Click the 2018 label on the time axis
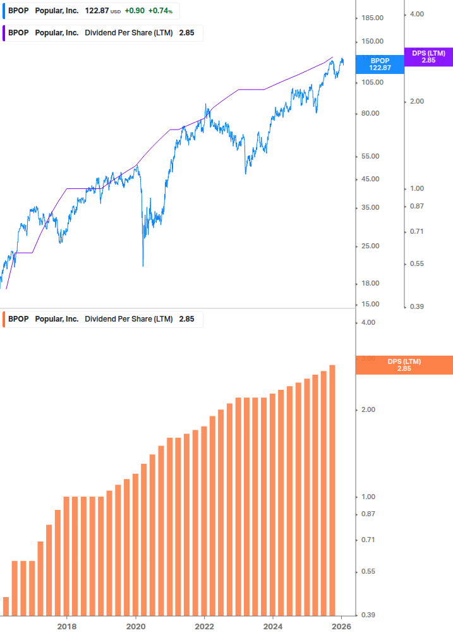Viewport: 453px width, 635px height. coord(67,627)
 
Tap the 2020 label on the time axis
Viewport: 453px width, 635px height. coord(136,627)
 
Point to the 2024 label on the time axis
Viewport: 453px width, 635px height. coord(273,627)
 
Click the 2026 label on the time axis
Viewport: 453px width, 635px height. coord(342,627)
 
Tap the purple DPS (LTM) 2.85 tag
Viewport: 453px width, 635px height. coord(428,57)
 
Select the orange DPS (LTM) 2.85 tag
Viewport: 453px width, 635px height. coord(404,365)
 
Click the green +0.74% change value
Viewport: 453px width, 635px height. coord(160,11)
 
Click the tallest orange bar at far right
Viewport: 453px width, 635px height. coord(332,490)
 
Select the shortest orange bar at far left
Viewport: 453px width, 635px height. coord(6,606)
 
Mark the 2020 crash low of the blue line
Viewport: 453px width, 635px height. coord(143,265)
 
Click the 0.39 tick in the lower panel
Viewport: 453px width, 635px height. coord(367,615)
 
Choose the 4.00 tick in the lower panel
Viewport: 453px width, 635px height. coord(367,323)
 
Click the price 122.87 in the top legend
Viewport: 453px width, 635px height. coord(97,11)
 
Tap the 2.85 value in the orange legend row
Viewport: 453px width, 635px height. coord(186,319)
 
